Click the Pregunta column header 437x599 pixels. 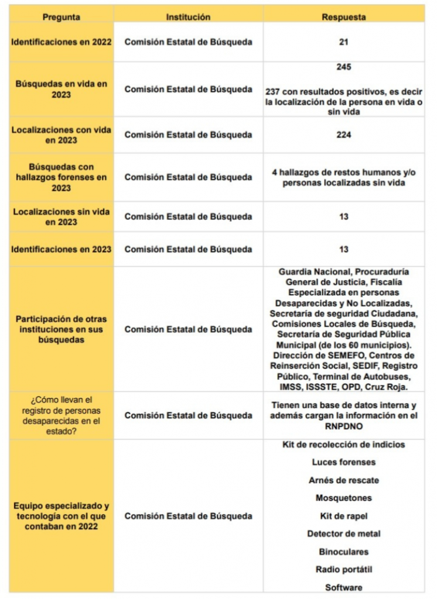[x=62, y=17]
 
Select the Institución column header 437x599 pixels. [x=188, y=17]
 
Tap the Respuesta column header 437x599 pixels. [x=344, y=17]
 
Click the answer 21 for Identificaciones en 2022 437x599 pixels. [x=344, y=42]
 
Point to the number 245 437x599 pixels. [x=344, y=67]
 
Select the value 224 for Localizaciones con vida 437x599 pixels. [x=344, y=135]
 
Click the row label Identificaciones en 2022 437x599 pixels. [x=62, y=42]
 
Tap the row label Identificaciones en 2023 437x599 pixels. [x=62, y=249]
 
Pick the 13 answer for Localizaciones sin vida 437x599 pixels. [x=344, y=216]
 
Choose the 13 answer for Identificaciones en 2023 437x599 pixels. [x=344, y=249]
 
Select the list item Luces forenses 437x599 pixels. [x=344, y=462]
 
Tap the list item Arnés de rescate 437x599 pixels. [x=344, y=480]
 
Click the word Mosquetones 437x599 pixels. [x=344, y=498]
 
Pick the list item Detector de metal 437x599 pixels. [x=344, y=533]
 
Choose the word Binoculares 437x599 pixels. [x=344, y=552]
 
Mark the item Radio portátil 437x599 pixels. [x=344, y=569]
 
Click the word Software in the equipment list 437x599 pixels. [x=344, y=587]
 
